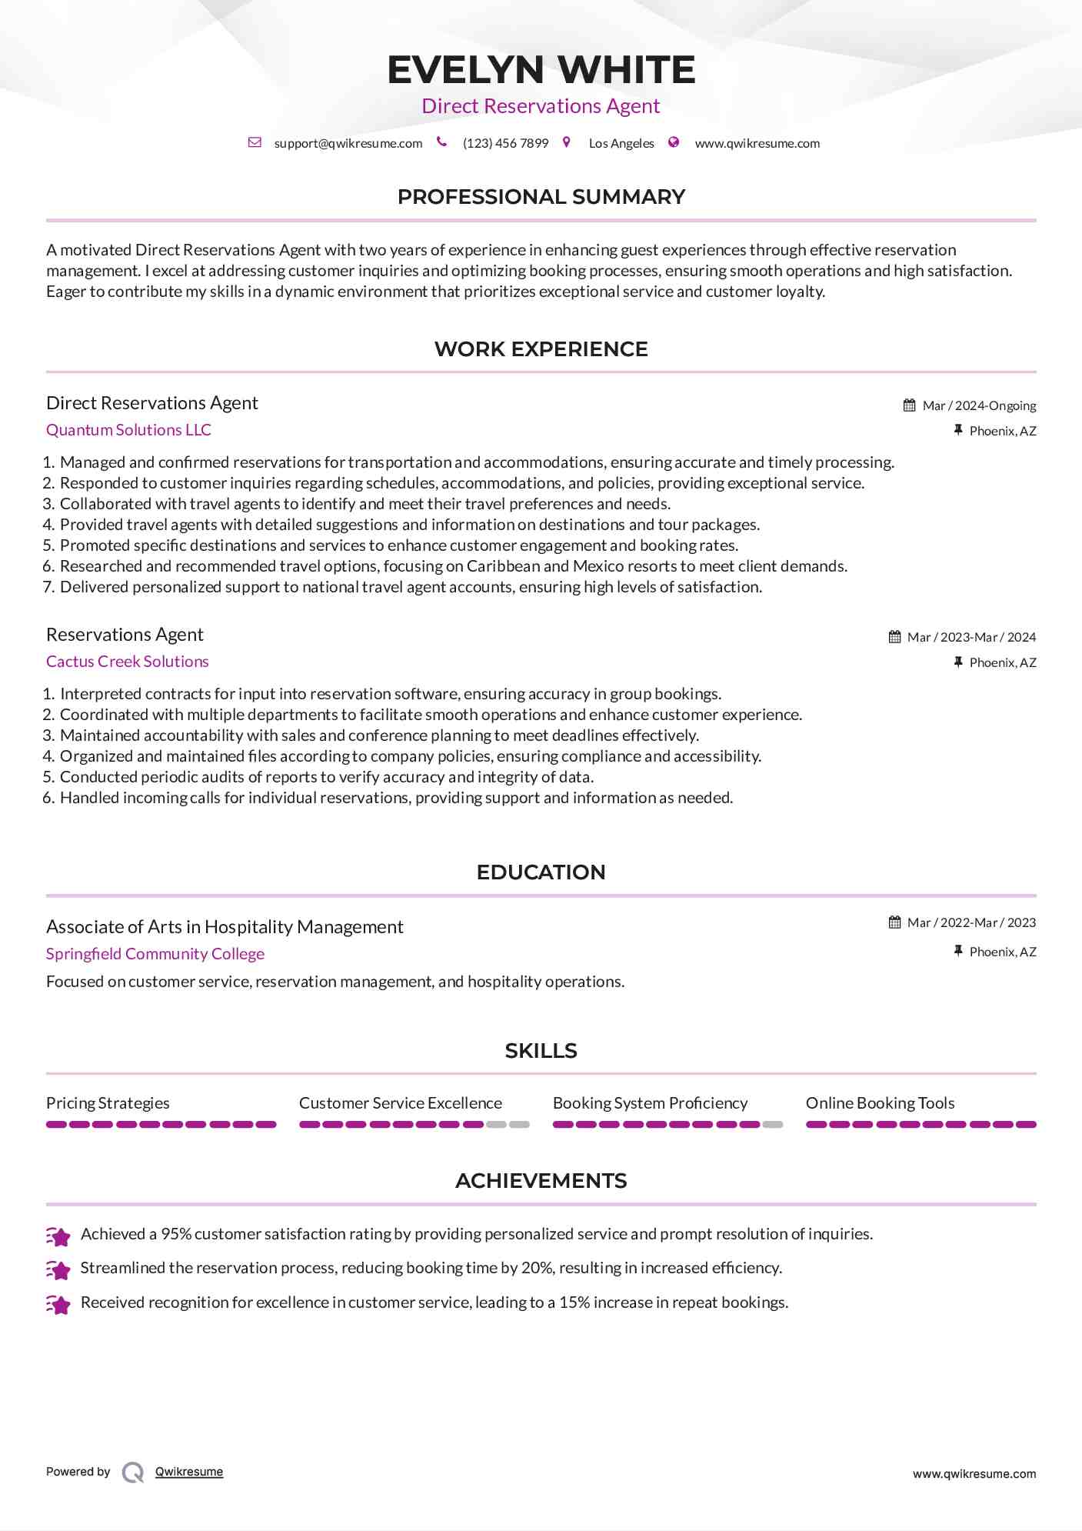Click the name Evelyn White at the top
pos(541,70)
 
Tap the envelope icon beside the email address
pos(255,142)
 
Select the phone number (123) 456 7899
pos(505,143)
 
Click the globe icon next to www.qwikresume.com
pos(674,142)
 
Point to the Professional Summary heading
pos(541,197)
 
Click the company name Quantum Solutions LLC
pos(128,430)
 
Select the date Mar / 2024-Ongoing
pos(979,405)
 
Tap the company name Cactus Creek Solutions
pos(127,662)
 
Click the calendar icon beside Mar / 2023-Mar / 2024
pos(894,637)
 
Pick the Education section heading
pos(541,872)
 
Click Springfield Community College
pos(155,954)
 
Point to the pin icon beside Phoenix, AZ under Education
pos(958,952)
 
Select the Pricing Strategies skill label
pos(108,1103)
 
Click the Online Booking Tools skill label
pos(880,1103)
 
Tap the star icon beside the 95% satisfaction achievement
pos(58,1236)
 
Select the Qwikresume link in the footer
pos(189,1472)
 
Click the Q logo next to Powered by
pos(133,1473)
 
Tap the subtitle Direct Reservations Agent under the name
pos(541,106)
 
